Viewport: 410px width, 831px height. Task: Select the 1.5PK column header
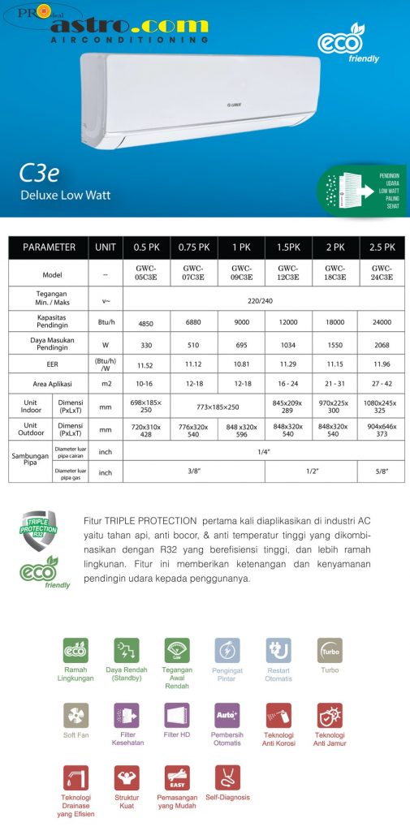point(287,248)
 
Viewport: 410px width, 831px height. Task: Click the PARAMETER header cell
point(49,248)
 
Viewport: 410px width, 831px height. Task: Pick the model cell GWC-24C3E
point(383,273)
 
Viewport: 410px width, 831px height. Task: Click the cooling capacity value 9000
point(241,322)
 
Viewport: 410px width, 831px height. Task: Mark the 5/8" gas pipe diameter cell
point(383,471)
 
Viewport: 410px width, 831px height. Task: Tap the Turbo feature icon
point(330,650)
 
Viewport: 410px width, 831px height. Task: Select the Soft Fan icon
point(76,715)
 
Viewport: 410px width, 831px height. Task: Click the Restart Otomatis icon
point(278,650)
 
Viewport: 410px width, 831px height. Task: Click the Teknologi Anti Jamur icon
point(330,715)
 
